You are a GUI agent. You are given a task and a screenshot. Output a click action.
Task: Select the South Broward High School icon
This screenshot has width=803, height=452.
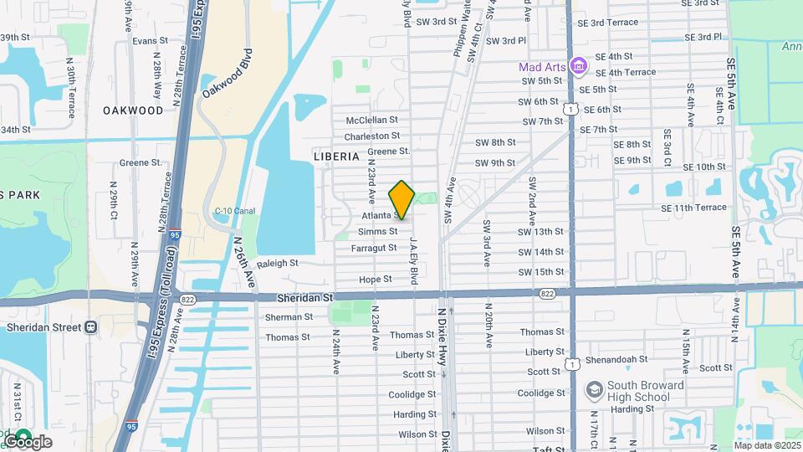[594, 390]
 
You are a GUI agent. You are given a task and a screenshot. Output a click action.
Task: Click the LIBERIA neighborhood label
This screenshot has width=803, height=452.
[336, 157]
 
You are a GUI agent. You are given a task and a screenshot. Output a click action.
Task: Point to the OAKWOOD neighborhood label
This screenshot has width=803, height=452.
[133, 110]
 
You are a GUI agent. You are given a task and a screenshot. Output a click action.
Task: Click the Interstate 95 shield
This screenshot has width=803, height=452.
[175, 235]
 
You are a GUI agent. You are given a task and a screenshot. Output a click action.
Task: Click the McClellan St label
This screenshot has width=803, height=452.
[371, 120]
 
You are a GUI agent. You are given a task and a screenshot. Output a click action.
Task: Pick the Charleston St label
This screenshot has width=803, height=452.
[371, 136]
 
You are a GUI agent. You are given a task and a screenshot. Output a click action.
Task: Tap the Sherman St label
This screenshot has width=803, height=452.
[288, 317]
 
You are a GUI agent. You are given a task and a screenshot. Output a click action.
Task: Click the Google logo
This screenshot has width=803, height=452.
[28, 441]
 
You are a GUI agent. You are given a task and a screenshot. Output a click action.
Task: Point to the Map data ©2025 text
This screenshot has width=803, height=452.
[766, 445]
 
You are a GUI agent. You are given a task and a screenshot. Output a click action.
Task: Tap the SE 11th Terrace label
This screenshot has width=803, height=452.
[693, 208]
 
